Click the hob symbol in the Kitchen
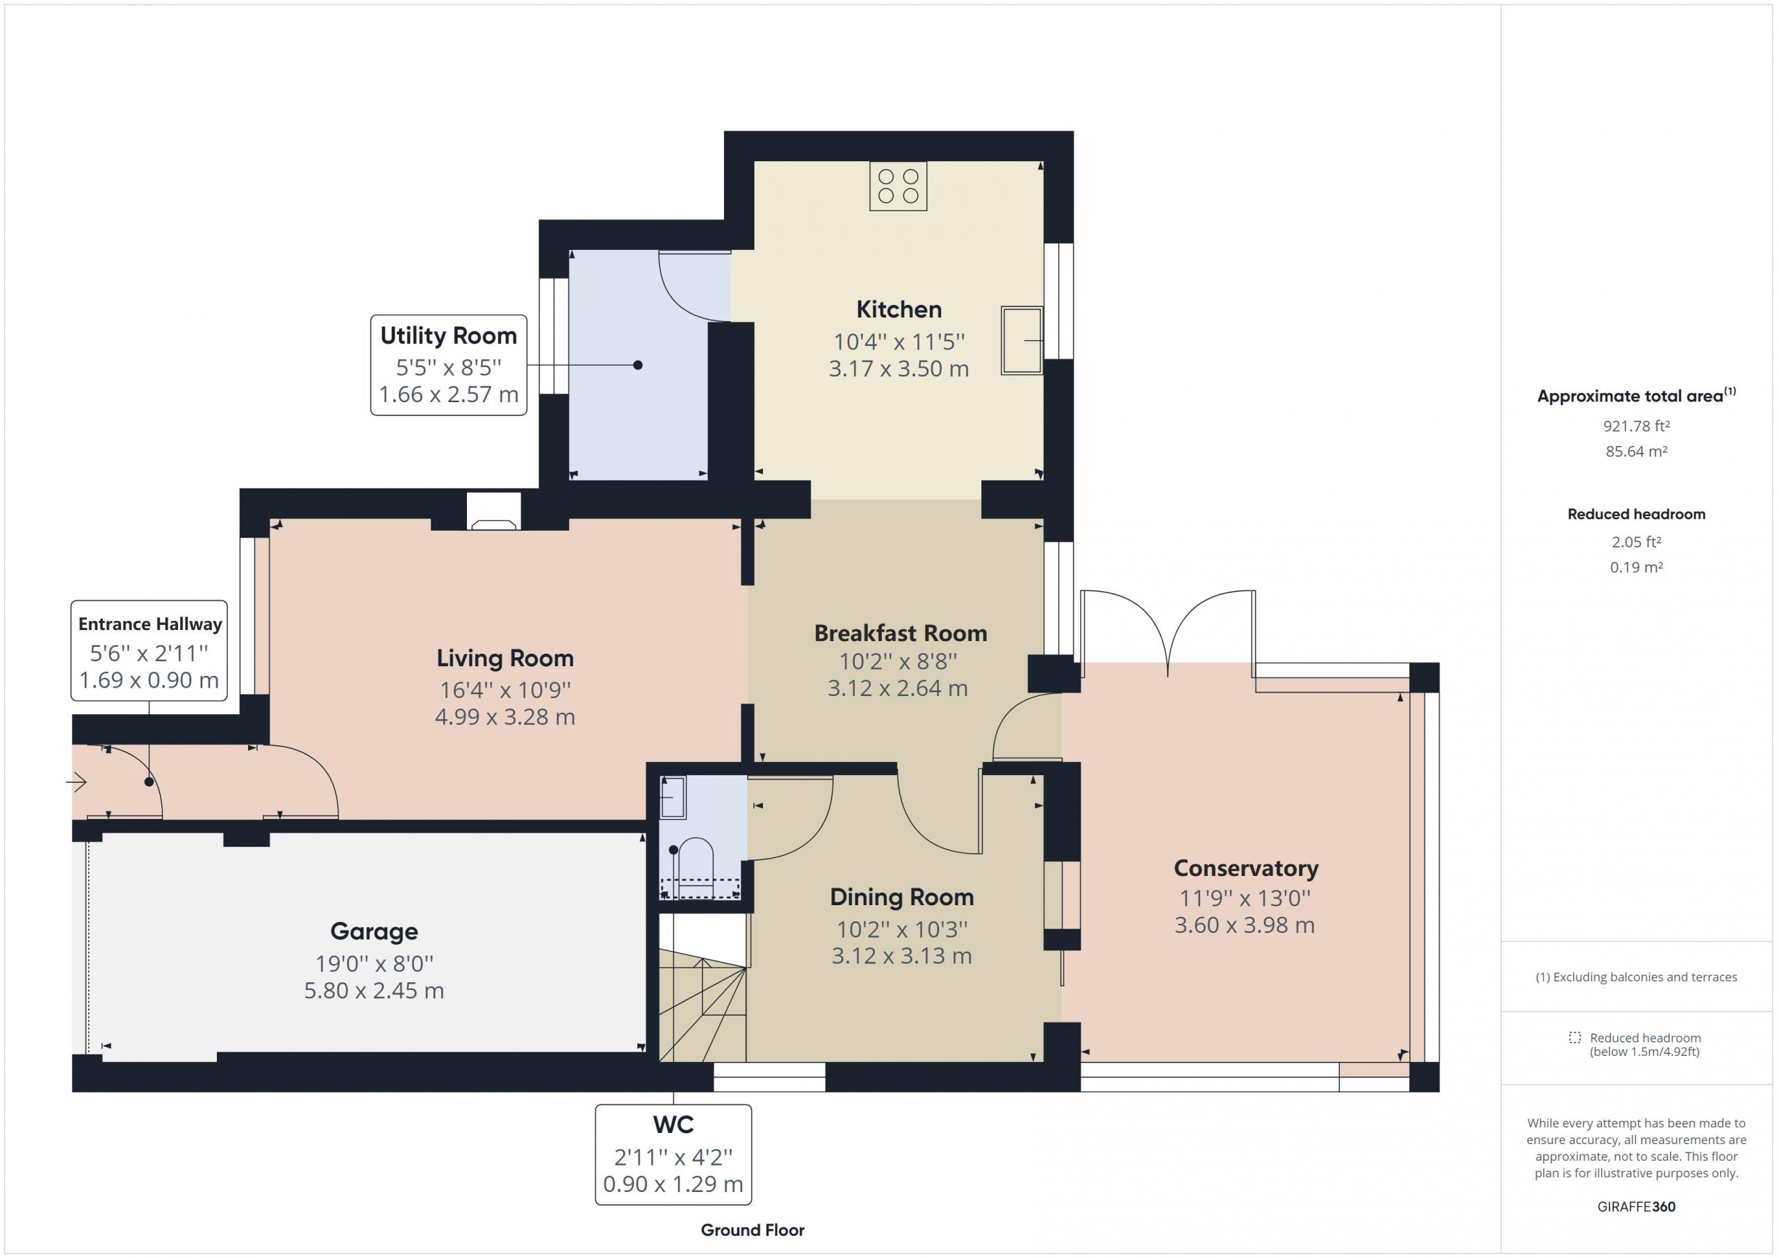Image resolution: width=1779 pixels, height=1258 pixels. point(898,186)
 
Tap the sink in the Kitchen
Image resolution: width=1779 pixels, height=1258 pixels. point(1022,341)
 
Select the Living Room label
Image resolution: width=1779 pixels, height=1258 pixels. point(505,659)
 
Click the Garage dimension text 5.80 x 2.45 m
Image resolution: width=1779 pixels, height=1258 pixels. point(375,991)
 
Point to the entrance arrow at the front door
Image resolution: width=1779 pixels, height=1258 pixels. point(76,783)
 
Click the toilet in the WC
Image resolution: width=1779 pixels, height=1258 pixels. point(693,868)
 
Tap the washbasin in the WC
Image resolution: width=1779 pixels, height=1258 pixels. point(673,797)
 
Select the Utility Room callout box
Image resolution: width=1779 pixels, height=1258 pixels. point(449,365)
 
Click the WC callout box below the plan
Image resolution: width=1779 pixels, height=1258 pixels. point(673,1154)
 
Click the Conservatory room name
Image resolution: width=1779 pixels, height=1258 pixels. point(1246,868)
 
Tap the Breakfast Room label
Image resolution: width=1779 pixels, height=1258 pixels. point(901,634)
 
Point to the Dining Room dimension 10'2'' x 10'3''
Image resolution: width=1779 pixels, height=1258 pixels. point(902,929)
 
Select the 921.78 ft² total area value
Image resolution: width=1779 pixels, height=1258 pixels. point(1637,426)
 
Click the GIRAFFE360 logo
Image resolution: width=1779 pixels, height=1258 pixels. point(1637,1207)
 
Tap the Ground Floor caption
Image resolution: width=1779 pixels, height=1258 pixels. point(753,1230)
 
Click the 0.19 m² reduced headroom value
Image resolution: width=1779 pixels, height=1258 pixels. point(1637,567)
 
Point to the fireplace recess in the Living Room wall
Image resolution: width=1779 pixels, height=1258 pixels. point(493,511)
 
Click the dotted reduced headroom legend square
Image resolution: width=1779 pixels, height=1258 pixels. point(1575,1037)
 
